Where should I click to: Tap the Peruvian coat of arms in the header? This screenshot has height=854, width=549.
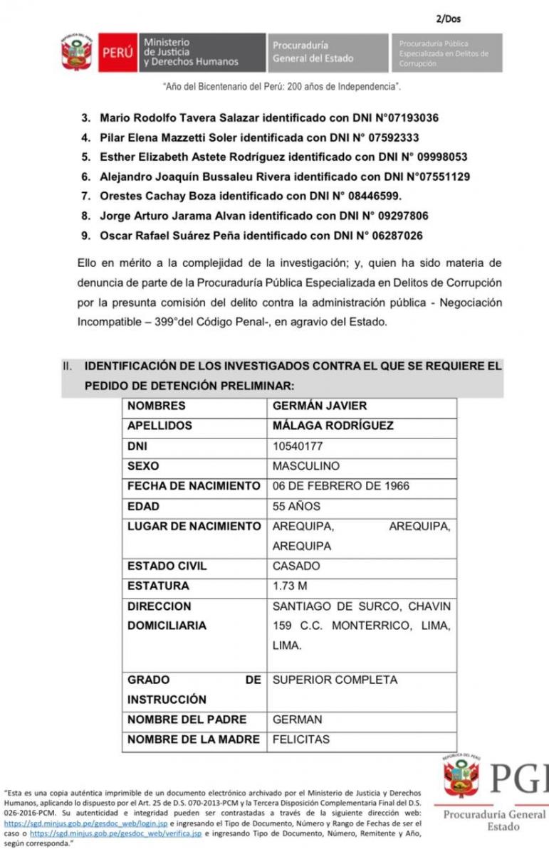click(x=76, y=53)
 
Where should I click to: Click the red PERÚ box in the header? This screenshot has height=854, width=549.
click(x=117, y=53)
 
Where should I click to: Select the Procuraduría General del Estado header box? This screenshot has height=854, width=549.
click(x=328, y=52)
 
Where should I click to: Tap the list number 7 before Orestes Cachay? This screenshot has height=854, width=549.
click(x=85, y=196)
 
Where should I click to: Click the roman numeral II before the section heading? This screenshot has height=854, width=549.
click(x=68, y=367)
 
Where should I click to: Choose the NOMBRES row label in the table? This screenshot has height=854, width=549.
click(x=156, y=406)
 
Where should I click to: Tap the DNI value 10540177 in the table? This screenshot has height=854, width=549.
click(x=298, y=446)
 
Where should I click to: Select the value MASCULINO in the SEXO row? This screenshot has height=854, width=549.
click(x=306, y=466)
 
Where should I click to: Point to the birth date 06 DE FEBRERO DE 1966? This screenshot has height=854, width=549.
click(x=341, y=486)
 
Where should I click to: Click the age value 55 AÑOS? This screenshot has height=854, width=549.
click(x=296, y=507)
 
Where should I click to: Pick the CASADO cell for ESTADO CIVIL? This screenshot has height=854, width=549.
click(x=296, y=566)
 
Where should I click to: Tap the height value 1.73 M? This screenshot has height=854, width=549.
click(x=290, y=586)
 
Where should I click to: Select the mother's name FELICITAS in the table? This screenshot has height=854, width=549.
click(x=301, y=739)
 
